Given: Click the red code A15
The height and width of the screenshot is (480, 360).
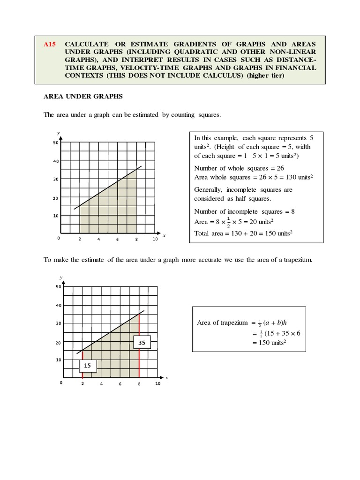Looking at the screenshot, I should click(x=50, y=44).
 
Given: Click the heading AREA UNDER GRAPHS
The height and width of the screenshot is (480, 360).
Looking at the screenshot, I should click(x=83, y=96).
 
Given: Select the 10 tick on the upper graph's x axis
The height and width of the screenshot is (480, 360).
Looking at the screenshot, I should click(x=155, y=239).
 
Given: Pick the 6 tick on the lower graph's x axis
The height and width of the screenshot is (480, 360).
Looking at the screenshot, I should click(x=120, y=384).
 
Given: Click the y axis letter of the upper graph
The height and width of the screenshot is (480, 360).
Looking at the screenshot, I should click(x=58, y=133).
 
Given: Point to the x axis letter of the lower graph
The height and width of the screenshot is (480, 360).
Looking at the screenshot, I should click(x=166, y=377).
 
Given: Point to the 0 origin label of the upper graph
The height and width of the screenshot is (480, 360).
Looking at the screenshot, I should click(x=59, y=239).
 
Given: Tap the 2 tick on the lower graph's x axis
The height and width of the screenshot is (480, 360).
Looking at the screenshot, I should click(x=82, y=384).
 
